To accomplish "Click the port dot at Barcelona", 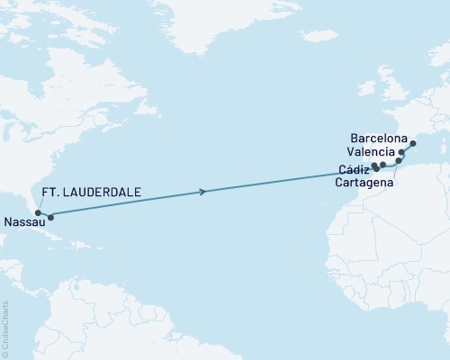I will coord(412,143).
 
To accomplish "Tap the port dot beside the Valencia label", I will coord(402,154).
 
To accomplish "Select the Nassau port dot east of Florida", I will coord(50,217).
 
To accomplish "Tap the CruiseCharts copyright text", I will coord(6,328).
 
